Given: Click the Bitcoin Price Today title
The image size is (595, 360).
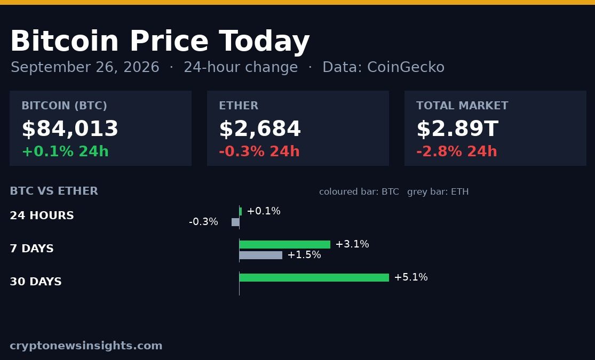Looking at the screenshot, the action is point(160,41).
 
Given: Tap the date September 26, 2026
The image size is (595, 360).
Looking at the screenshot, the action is point(85,67).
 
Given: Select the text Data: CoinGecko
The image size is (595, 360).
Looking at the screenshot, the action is point(383,67).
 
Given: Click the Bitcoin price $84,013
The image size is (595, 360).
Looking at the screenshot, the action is point(70,129).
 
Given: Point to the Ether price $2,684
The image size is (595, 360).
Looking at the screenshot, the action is point(260,129).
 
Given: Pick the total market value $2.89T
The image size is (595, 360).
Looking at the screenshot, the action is point(457,129).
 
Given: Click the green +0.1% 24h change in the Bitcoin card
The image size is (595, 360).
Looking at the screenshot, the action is point(65,151).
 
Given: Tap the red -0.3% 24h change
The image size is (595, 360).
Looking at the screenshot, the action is point(259,151).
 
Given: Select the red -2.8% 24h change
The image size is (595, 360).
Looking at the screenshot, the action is point(456,151).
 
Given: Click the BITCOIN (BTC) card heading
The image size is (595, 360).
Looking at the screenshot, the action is point(64,106).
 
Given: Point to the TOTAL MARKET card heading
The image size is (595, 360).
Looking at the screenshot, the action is point(462,106).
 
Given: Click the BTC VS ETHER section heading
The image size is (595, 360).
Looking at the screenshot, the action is point(54,191).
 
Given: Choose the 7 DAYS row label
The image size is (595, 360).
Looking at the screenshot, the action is point(32,249).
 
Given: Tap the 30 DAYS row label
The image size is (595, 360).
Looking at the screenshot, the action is point(36,282).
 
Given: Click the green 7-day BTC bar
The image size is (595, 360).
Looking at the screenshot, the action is point(285,244).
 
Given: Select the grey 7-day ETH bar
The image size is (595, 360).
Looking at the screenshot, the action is point(261,255).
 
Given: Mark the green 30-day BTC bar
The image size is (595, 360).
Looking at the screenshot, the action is point(314,278).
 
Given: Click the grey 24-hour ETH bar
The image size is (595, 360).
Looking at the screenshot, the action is point(235,222).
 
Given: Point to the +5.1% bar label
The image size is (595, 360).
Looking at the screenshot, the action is point(411,277).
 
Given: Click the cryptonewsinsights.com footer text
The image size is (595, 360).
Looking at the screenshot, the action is point(86,346).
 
